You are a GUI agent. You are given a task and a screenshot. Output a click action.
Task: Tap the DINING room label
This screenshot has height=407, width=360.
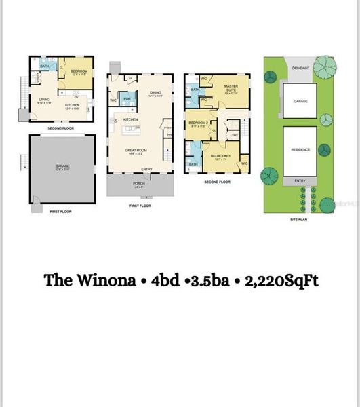point(155,93)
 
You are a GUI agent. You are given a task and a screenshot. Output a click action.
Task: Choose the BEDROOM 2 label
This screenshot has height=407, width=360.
point(199,123)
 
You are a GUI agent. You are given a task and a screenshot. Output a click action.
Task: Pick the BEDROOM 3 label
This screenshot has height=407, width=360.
point(219,157)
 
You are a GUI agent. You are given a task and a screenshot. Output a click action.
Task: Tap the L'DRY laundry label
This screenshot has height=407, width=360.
point(233,136)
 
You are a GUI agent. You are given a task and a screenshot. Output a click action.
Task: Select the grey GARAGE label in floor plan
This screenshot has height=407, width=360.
point(62,166)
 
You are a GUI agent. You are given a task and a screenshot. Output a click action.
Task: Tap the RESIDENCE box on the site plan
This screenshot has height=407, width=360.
point(300,149)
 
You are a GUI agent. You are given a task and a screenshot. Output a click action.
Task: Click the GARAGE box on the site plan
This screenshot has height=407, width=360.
point(300,100)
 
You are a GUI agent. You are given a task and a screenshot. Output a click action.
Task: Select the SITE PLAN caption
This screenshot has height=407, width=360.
point(299,219)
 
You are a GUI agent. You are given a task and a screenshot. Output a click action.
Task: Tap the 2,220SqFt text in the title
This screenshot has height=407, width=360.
point(279,280)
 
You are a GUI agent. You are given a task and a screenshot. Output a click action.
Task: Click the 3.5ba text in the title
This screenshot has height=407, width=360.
point(205,280)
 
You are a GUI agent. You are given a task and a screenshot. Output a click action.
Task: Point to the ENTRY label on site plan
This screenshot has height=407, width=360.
point(300,181)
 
